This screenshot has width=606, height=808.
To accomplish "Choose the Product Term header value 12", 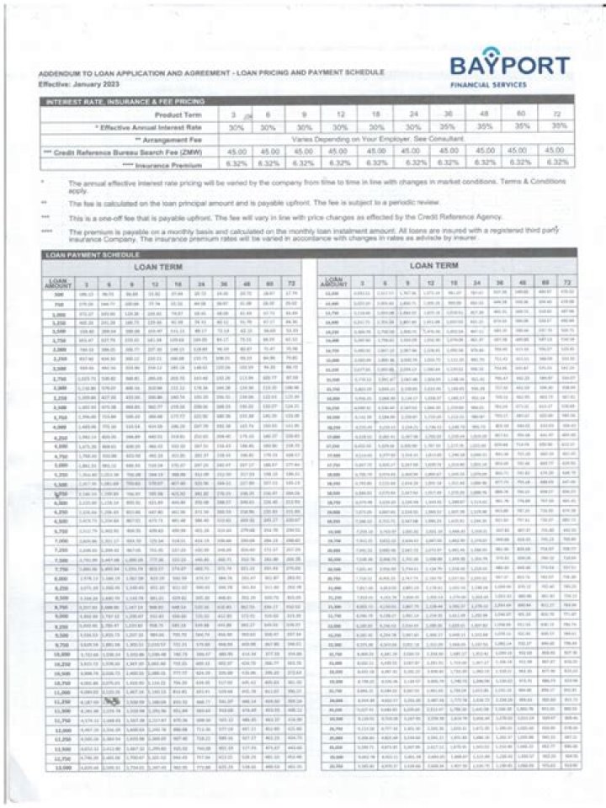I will [x=364, y=114].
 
